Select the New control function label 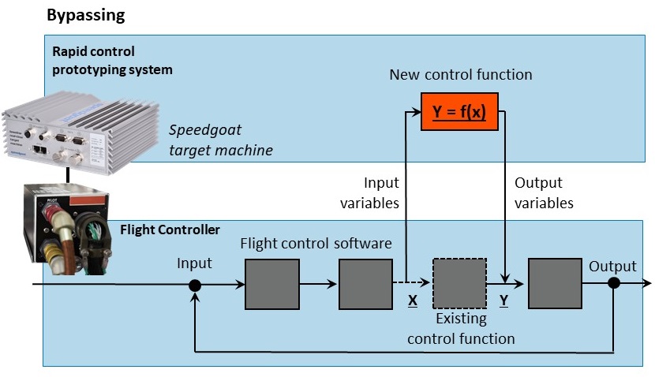point(461,75)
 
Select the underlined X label point(412,300)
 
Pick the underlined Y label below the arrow point(505,300)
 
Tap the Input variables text point(381,192)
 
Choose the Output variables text point(544,192)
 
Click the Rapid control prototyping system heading point(112,60)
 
